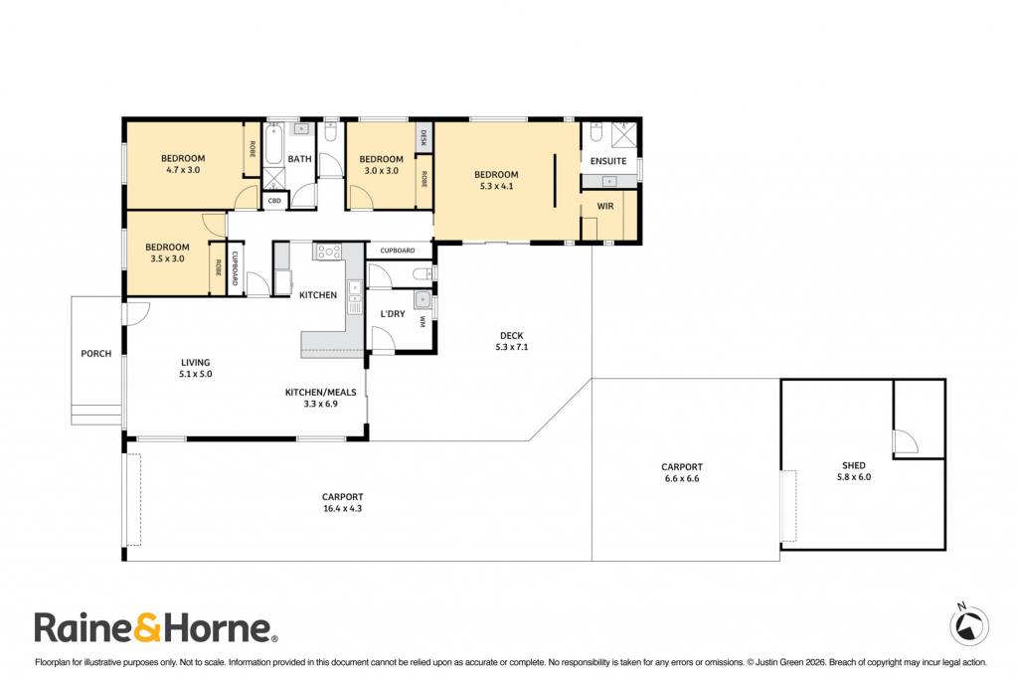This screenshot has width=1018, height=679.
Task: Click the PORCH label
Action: coord(96,354)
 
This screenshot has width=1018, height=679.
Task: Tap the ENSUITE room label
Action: coord(608,161)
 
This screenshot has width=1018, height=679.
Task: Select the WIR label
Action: coord(605,207)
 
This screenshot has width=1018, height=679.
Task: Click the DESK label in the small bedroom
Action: coord(424,137)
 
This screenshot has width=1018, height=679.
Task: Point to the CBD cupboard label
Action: coord(274,201)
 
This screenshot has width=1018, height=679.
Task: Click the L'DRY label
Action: coord(392,314)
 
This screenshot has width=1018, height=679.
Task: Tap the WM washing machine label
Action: coord(422,321)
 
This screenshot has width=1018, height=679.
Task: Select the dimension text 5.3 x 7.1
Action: coord(512,347)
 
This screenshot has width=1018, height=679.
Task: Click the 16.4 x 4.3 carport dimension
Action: coord(342,509)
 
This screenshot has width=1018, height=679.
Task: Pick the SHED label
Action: coord(854,465)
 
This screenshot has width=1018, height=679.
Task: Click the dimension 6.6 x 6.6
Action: coord(682,479)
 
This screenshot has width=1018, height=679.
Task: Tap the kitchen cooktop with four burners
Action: coord(329,252)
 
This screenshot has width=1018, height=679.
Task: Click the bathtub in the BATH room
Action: coord(272,145)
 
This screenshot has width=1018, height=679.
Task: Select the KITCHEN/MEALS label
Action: coord(321,392)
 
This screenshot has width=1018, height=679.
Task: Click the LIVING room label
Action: coord(196,363)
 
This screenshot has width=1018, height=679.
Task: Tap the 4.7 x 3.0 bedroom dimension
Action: coord(183,170)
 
